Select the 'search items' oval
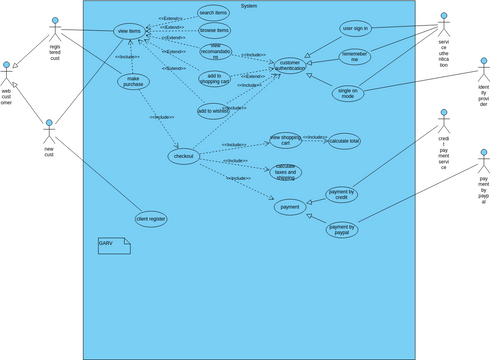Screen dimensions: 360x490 [213, 13]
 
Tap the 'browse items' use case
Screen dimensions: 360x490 [214, 31]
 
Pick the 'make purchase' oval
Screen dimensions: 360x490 [133, 82]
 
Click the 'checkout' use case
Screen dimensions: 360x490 [183, 157]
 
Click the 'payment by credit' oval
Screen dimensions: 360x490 [342, 194]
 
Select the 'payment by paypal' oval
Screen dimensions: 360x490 [342, 229]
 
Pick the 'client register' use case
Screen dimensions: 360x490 [150, 218]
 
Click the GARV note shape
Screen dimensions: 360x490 [113, 243]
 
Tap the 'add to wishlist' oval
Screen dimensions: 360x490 [213, 111]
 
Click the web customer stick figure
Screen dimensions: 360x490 [8, 74]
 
